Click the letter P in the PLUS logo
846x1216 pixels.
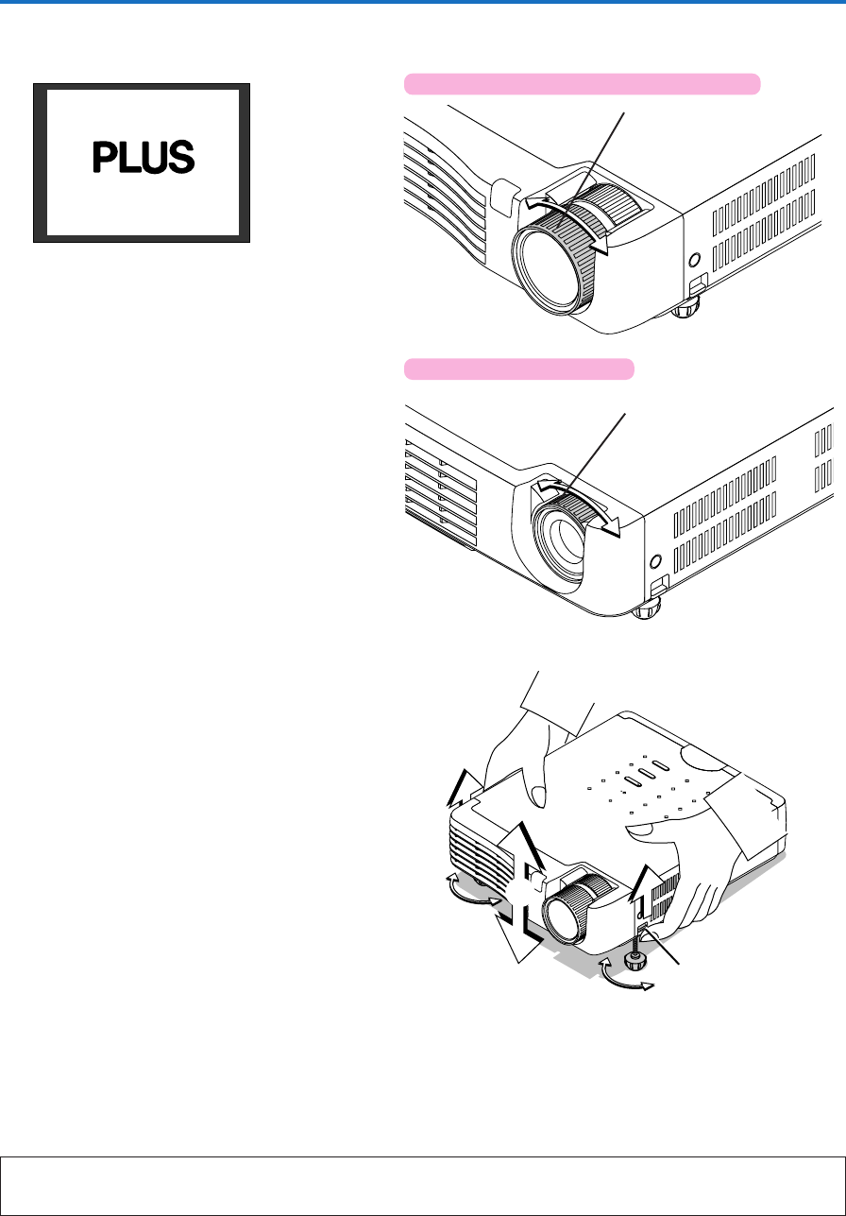pyautogui.click(x=105, y=157)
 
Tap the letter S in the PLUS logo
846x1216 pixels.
pyautogui.click(x=181, y=157)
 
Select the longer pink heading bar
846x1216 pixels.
pyautogui.click(x=583, y=84)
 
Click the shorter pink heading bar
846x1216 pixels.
pyautogui.click(x=519, y=369)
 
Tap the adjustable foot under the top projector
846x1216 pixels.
pyautogui.click(x=685, y=309)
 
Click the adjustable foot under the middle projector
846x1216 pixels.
pyautogui.click(x=646, y=610)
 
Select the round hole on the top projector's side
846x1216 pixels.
pyautogui.click(x=694, y=260)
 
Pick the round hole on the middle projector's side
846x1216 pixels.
pyautogui.click(x=655, y=561)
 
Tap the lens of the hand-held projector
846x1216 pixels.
pyautogui.click(x=565, y=917)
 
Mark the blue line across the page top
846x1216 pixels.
pyautogui.click(x=423, y=2)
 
